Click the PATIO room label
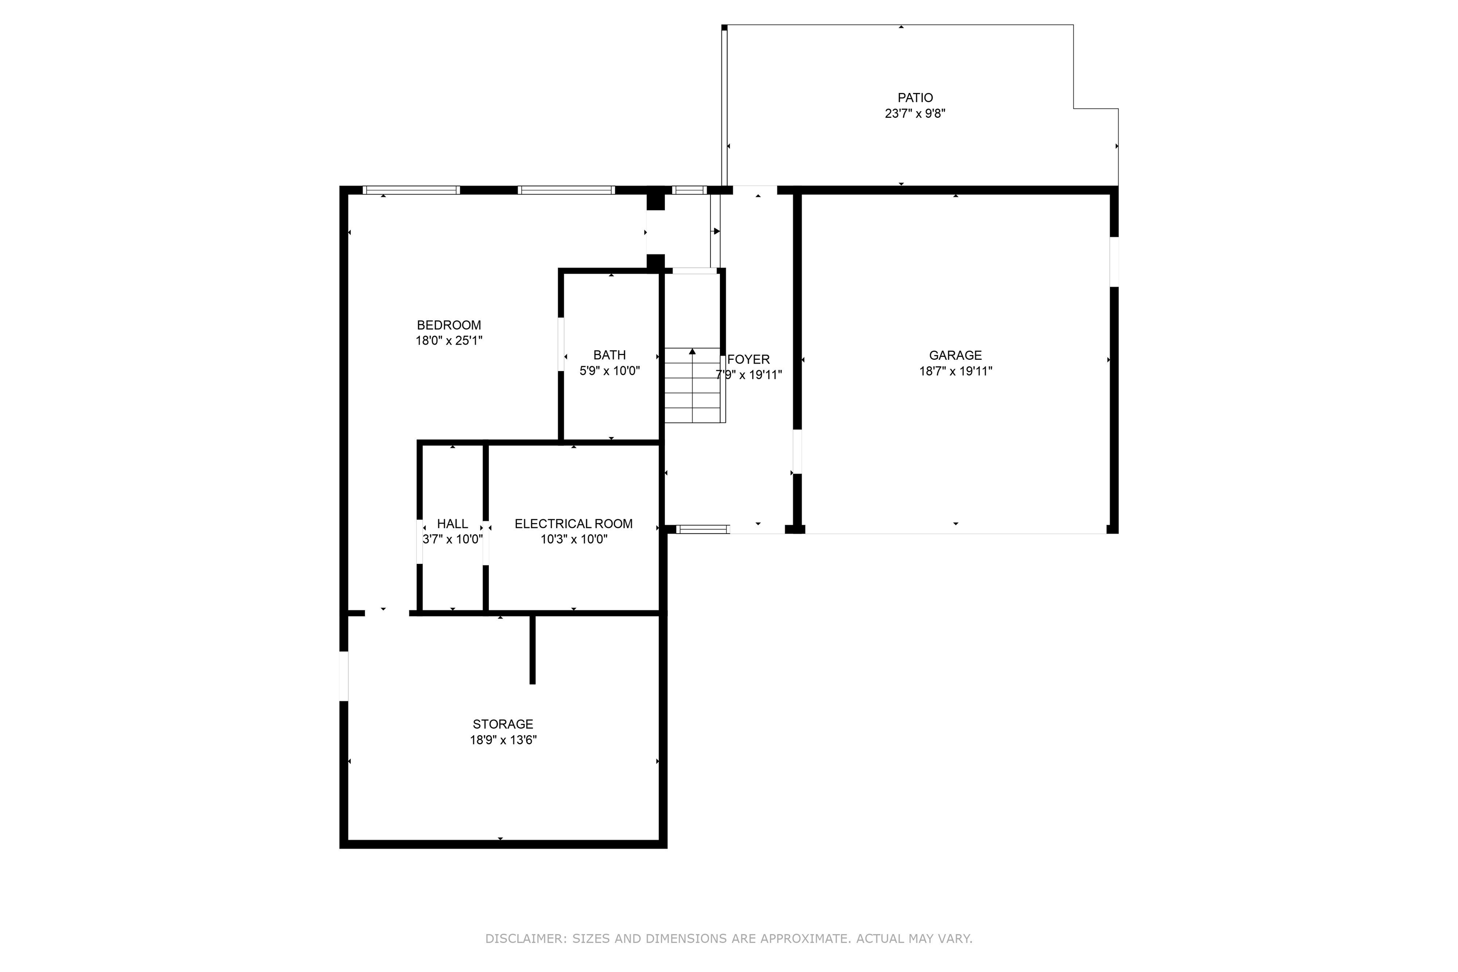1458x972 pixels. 915,97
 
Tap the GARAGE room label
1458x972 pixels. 955,355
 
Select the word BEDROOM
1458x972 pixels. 449,325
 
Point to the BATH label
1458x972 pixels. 609,355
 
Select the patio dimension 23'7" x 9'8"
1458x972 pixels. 915,113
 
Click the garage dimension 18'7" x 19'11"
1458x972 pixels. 955,371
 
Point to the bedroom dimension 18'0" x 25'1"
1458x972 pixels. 449,340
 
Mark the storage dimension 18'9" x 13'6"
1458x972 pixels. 503,739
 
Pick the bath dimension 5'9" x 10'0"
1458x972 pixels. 609,371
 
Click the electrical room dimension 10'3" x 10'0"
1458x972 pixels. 573,539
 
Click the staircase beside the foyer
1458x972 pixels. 694,385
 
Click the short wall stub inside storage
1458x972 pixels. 533,649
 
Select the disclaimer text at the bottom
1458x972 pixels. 729,938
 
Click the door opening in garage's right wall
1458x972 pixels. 1114,262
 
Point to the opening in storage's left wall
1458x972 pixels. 344,676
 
